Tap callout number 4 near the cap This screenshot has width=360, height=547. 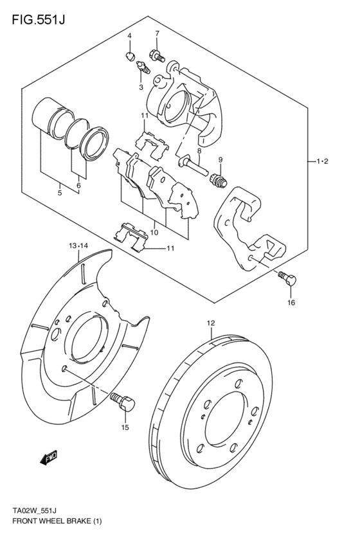coord(129,35)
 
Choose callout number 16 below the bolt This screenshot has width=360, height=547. coord(291,302)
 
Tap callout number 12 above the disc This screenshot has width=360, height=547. coord(210,323)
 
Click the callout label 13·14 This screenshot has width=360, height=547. coord(78,246)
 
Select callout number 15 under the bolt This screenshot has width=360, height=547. coord(125,427)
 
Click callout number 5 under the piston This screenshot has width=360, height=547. coord(59,192)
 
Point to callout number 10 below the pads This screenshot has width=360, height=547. coord(154,232)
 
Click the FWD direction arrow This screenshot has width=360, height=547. coord(48,458)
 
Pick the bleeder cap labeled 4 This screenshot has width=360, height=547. coord(129,56)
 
